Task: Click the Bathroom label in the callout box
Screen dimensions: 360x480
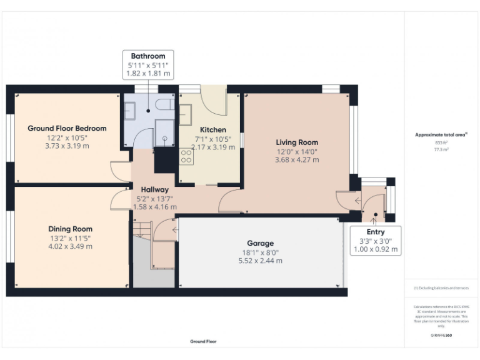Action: tap(148, 56)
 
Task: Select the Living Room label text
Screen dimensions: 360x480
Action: tap(297, 142)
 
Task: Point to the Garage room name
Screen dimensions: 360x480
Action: tap(260, 243)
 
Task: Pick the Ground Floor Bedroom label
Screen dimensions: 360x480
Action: tap(67, 128)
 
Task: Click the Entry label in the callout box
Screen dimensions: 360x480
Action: tap(376, 232)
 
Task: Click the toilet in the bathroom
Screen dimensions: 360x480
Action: tap(165, 104)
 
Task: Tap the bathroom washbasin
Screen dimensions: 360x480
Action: tap(131, 111)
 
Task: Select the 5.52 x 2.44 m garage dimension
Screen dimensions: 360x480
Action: tap(260, 261)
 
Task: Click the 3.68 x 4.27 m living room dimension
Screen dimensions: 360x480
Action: tap(297, 160)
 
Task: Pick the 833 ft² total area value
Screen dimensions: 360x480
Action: tap(441, 142)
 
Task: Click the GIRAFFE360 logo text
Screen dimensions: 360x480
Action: tap(441, 336)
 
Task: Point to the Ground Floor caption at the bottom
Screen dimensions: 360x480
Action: tap(203, 342)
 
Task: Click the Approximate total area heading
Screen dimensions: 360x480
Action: tap(441, 134)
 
